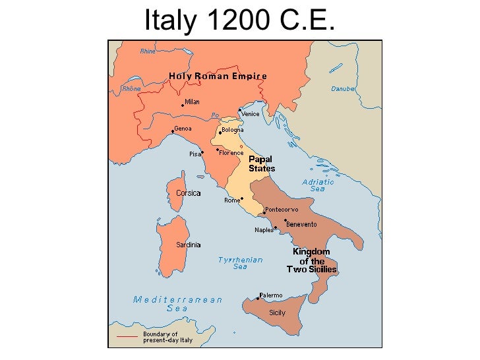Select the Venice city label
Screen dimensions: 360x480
click(251, 114)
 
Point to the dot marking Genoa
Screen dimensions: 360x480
click(173, 132)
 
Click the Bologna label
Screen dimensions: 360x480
click(233, 130)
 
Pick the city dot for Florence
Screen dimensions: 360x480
click(217, 150)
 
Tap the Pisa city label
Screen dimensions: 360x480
click(195, 154)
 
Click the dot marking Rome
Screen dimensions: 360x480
click(242, 198)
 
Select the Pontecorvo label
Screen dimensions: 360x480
click(282, 210)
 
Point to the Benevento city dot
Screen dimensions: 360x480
click(285, 220)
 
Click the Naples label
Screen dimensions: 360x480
click(264, 230)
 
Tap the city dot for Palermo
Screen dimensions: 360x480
click(258, 298)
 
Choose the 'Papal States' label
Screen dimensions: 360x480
click(262, 164)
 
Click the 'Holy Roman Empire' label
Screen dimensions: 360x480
click(218, 76)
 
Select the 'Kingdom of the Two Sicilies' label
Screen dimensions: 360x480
click(311, 260)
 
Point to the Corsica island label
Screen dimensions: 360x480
click(189, 193)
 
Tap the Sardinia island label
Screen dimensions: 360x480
click(188, 245)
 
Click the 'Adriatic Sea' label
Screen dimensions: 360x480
click(318, 185)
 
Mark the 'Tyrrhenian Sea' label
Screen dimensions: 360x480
click(240, 263)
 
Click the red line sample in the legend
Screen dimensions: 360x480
click(127, 337)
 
